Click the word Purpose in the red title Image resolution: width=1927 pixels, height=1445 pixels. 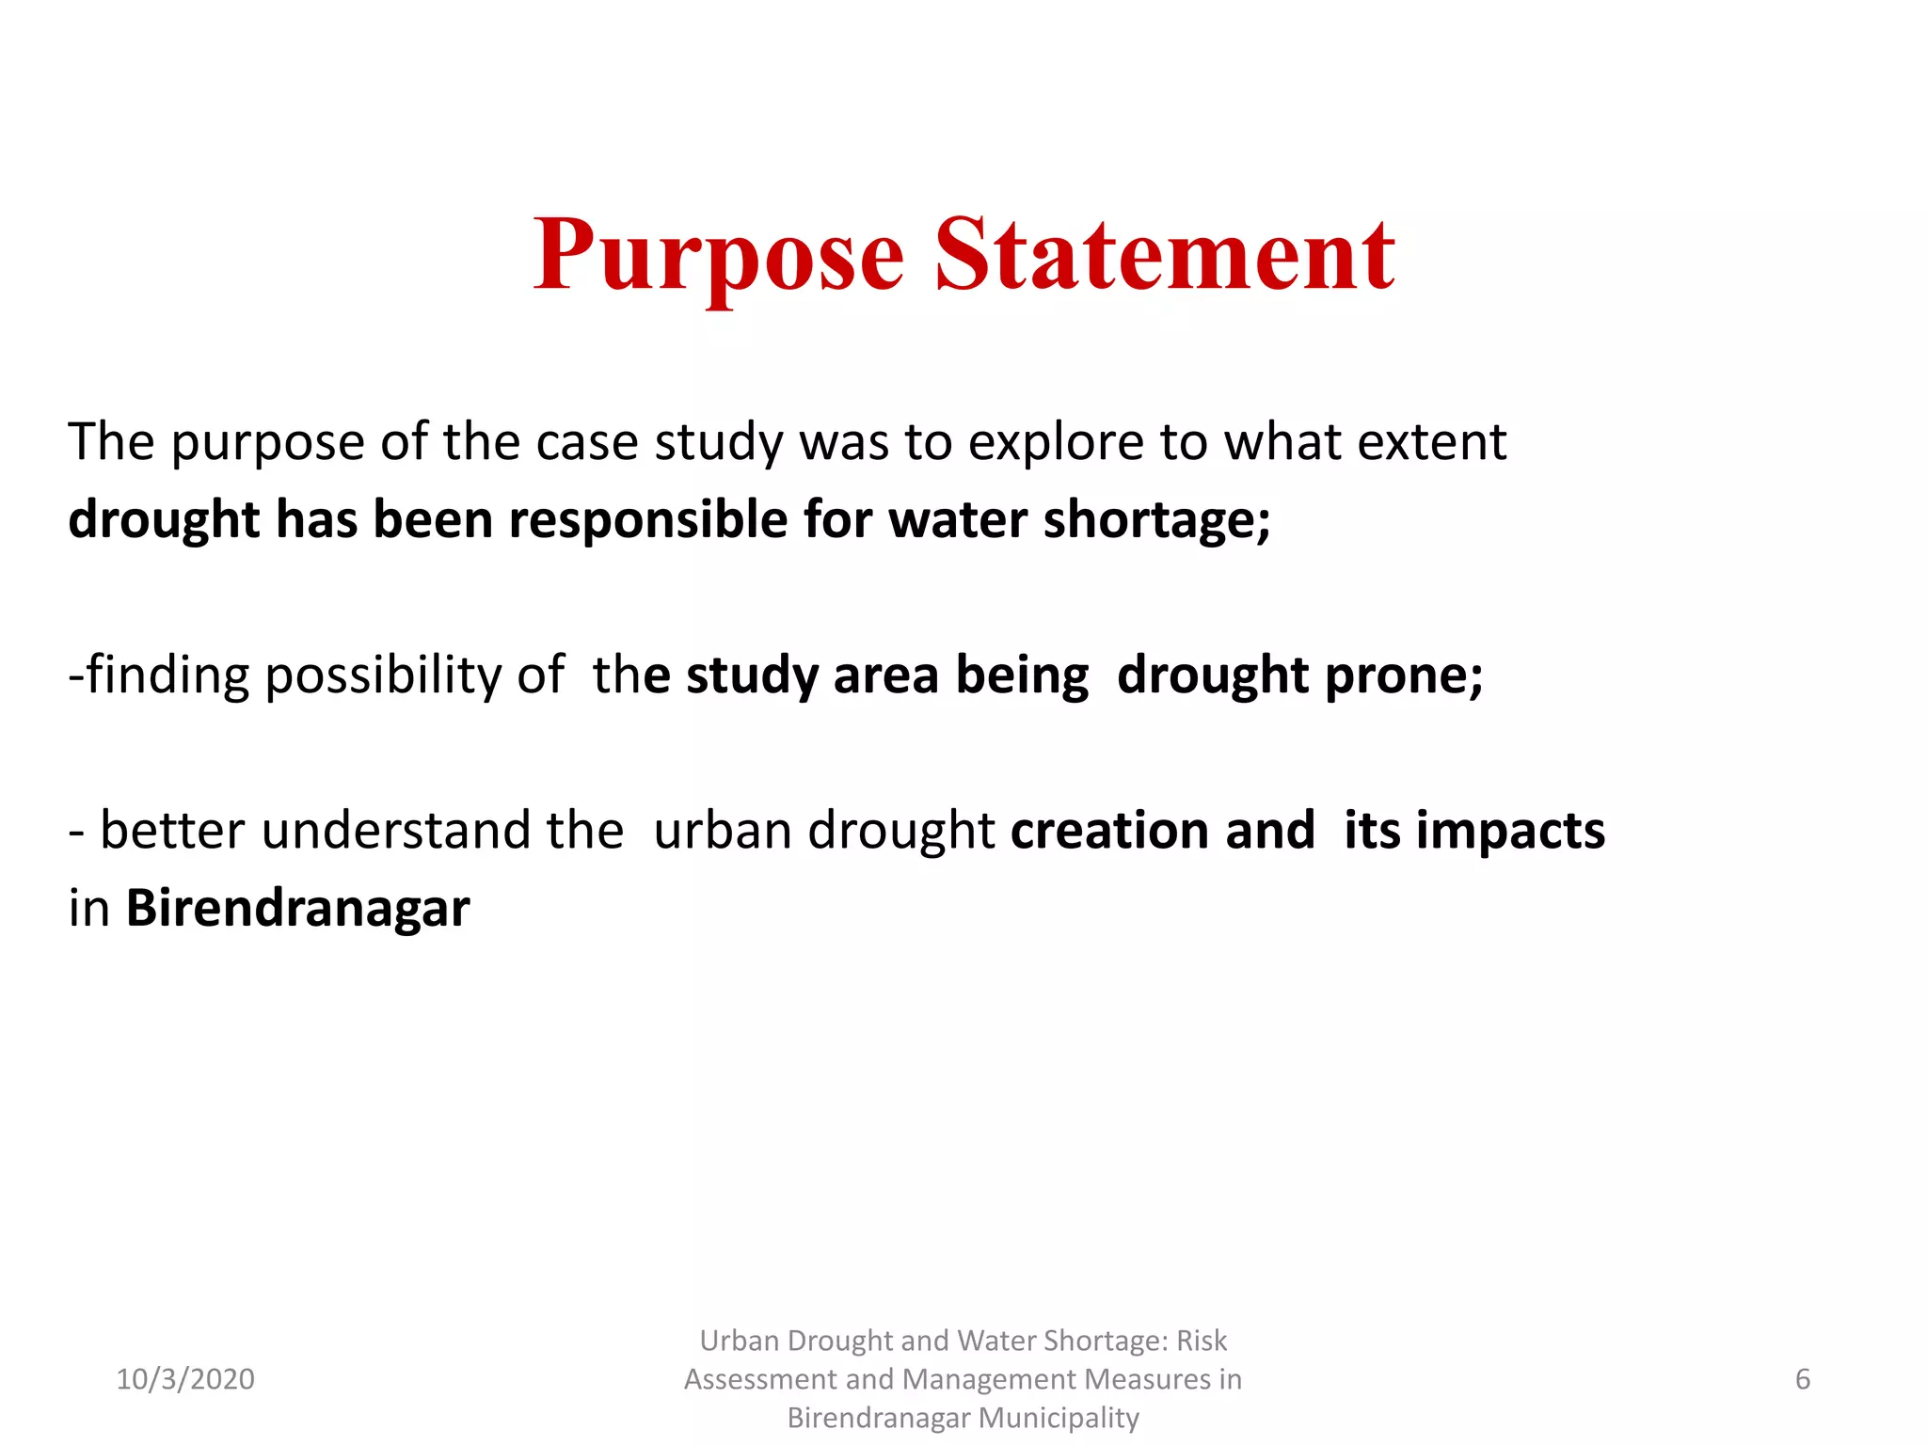[719, 256]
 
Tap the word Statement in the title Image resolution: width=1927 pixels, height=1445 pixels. [1165, 254]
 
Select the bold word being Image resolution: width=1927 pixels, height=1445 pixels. [1022, 676]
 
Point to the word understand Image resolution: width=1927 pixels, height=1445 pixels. [395, 831]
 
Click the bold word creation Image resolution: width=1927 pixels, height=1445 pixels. [1109, 831]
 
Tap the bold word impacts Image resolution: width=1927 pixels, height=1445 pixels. [1509, 833]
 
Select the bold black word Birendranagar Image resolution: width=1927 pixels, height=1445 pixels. [297, 910]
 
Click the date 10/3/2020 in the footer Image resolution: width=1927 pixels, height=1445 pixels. [185, 1379]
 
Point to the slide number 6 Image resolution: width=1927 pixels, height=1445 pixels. [1802, 1379]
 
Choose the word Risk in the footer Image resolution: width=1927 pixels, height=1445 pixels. [1202, 1341]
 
